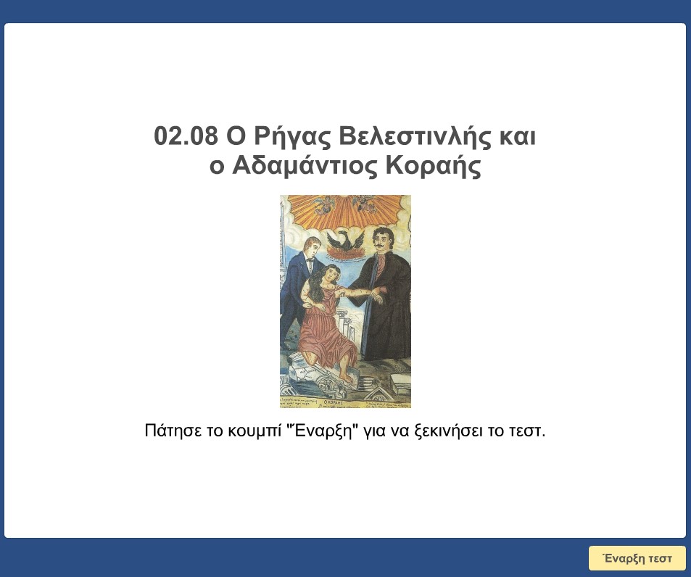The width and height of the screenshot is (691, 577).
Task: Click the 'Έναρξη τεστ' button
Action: [637, 558]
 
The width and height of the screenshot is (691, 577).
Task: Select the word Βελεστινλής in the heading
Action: [408, 136]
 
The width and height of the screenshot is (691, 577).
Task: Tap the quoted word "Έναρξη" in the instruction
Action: [324, 431]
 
